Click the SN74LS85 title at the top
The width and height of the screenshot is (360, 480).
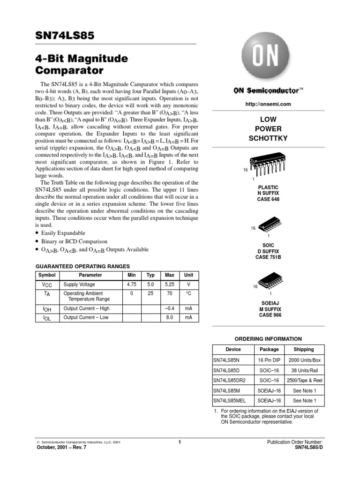coord(65,36)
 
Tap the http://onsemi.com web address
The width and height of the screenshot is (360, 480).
coord(269,104)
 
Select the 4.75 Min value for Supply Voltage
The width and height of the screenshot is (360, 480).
coord(132,285)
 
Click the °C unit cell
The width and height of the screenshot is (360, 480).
coord(188,293)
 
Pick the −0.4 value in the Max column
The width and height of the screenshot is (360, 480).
coord(169,308)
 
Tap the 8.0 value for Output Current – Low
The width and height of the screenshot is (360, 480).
coord(169,317)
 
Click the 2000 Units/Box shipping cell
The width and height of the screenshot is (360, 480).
coord(304,360)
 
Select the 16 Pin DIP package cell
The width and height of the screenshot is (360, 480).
coord(269,360)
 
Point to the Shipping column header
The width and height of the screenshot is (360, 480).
coord(304,349)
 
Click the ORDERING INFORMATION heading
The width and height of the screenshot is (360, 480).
coord(268,338)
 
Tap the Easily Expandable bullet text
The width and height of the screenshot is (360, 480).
coord(63,233)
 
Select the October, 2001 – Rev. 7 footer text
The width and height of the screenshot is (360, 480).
coord(61,447)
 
